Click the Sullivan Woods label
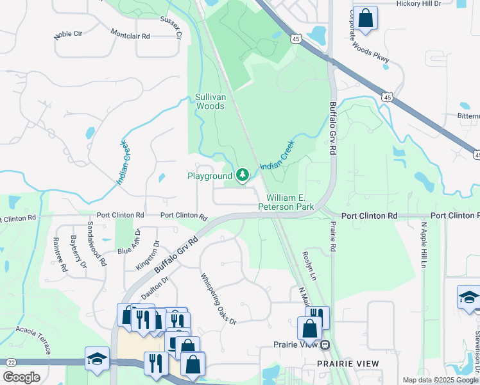pyautogui.click(x=210, y=102)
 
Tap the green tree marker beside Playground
pyautogui.click(x=243, y=175)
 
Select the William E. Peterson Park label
pyautogui.click(x=286, y=203)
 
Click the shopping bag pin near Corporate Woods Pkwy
pyautogui.click(x=366, y=19)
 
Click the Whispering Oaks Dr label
pyautogui.click(x=219, y=299)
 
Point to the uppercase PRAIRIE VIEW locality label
pyautogui.click(x=348, y=364)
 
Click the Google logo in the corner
pyautogui.click(x=21, y=377)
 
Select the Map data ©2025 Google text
pyautogui.click(x=440, y=380)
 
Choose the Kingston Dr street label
pyautogui.click(x=147, y=255)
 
